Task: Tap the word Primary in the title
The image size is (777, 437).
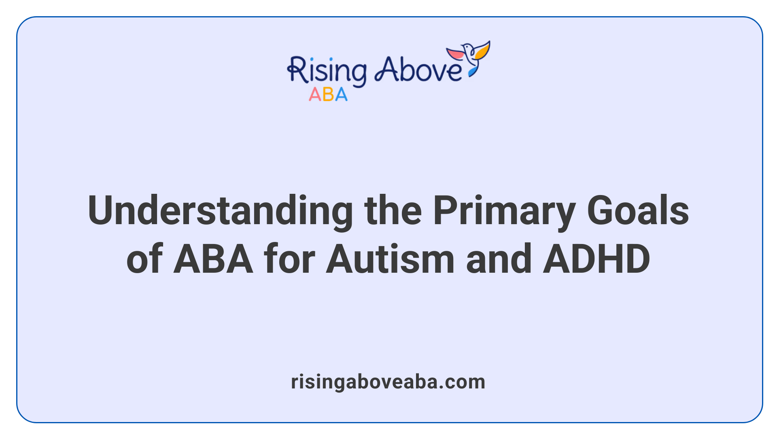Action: click(x=504, y=211)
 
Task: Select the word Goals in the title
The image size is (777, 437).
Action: click(x=638, y=211)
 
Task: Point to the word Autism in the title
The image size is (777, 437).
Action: click(x=390, y=259)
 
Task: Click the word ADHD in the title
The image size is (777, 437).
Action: click(x=597, y=259)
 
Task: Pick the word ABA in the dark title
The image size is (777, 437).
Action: click(x=213, y=259)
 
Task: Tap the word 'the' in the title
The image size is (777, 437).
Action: click(x=393, y=211)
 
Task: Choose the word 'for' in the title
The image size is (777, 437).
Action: click(x=289, y=259)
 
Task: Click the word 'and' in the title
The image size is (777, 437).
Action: click(x=499, y=259)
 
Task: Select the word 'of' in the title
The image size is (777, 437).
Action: click(x=144, y=259)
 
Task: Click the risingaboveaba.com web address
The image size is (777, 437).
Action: click(x=388, y=382)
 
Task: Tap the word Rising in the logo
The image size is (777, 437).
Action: click(x=327, y=71)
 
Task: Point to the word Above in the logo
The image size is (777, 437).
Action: click(x=418, y=70)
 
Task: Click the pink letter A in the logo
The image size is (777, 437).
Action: click(x=315, y=95)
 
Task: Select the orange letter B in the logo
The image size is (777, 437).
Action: click(x=328, y=95)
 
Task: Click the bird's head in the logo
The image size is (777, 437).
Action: click(x=467, y=47)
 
